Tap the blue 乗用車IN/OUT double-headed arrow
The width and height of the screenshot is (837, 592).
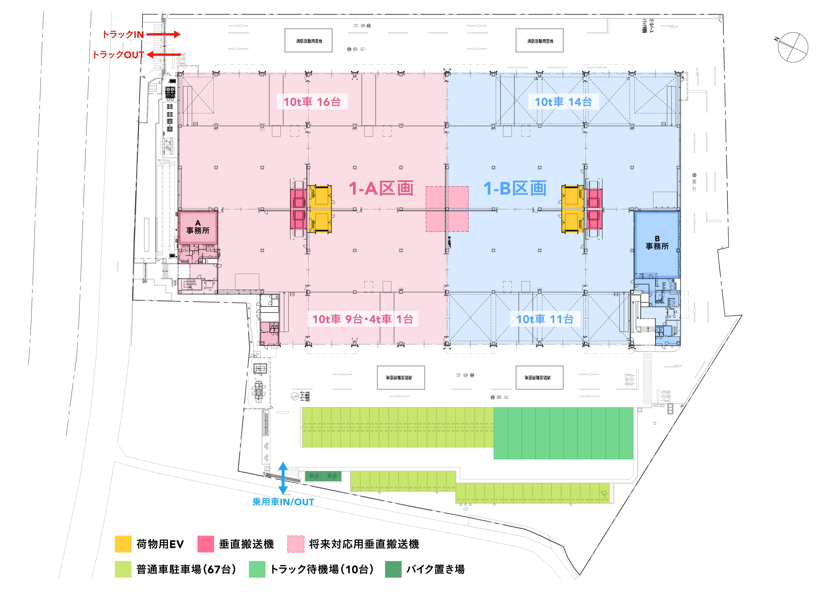283,478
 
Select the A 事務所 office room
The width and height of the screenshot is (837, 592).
198,227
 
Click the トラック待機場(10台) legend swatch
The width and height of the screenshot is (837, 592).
257,569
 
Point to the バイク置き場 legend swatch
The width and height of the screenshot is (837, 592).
393,569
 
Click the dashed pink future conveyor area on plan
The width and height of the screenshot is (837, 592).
447,209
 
